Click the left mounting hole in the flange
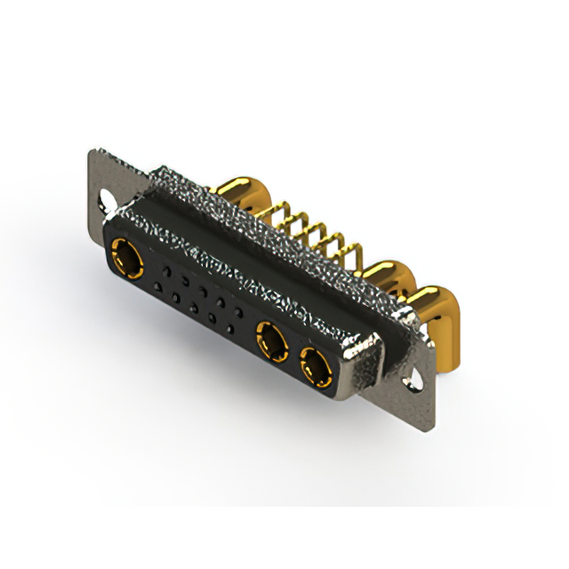[108, 200]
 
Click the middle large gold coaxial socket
[270, 339]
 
